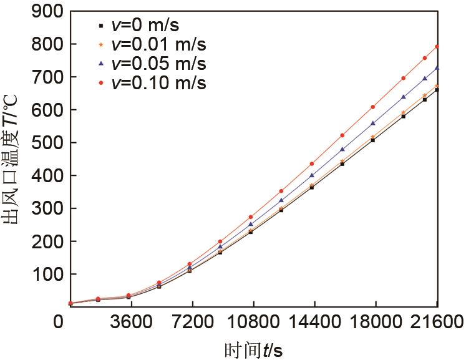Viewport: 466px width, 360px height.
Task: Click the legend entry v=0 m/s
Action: coord(147,26)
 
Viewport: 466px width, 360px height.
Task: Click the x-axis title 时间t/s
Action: coord(254,349)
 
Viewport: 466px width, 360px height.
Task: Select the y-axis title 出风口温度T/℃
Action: coord(15,156)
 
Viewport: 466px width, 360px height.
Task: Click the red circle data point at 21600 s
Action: coord(437,46)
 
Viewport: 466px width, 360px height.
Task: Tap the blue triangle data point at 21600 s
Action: coord(437,67)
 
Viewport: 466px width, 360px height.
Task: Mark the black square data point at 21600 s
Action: coord(437,90)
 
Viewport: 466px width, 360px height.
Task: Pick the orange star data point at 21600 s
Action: coord(437,85)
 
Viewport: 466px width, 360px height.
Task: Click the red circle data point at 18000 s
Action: coord(373,107)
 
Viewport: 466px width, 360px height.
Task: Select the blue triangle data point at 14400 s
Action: coord(312,175)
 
